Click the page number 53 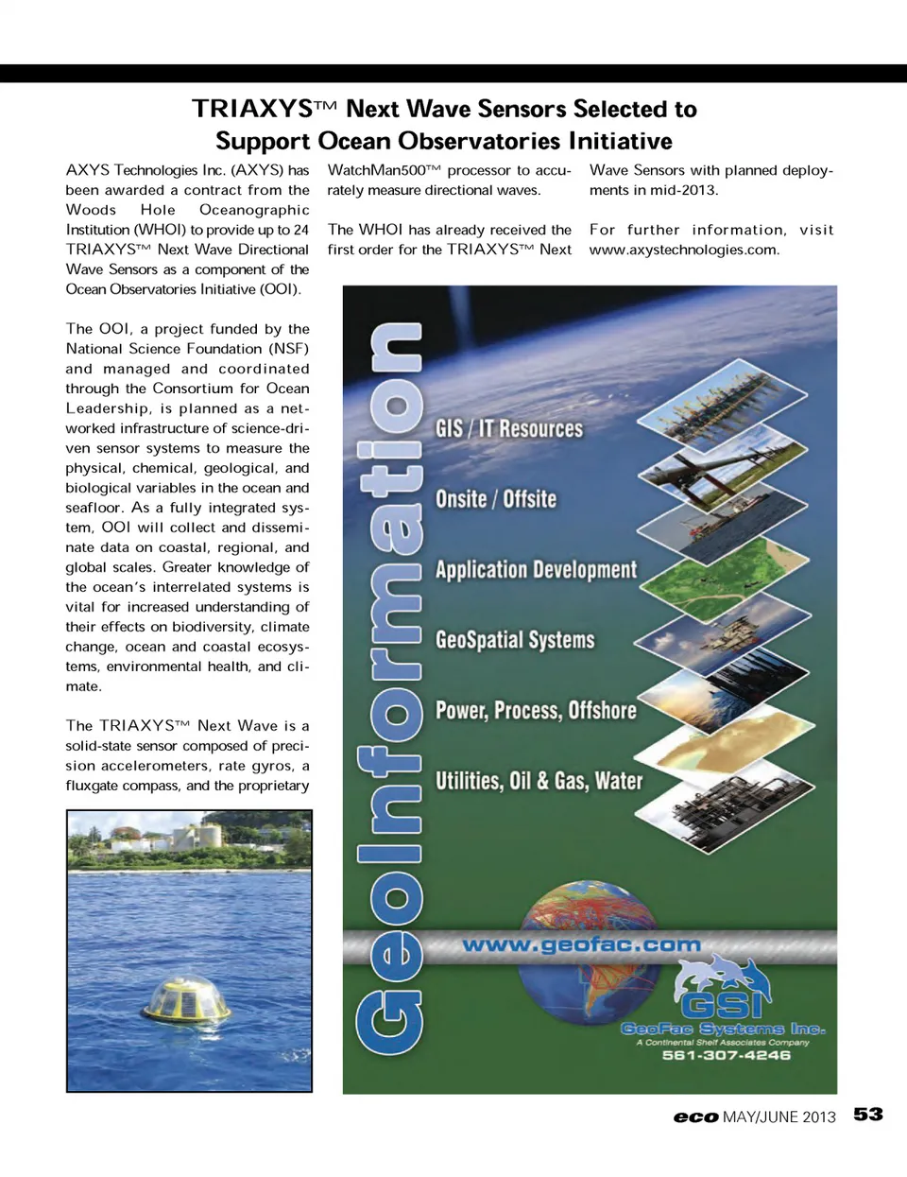click(x=867, y=1115)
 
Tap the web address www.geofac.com click(x=581, y=944)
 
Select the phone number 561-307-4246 click(x=726, y=1055)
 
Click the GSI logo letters click(x=725, y=1005)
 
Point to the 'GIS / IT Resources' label click(x=509, y=428)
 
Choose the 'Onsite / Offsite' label click(x=496, y=498)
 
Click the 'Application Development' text click(x=536, y=569)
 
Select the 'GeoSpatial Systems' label click(x=515, y=640)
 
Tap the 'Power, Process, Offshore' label click(x=536, y=710)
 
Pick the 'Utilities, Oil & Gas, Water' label click(x=539, y=781)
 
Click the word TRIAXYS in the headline click(x=252, y=109)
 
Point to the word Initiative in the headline click(x=620, y=141)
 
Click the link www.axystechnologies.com click(x=683, y=250)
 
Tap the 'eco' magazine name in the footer click(x=695, y=1116)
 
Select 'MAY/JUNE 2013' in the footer click(x=779, y=1116)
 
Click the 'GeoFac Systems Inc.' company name click(x=723, y=1029)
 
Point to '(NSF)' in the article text click(x=288, y=349)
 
